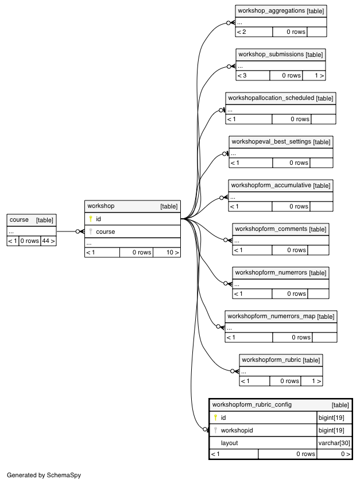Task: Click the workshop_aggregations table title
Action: (272, 11)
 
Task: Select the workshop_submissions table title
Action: (271, 54)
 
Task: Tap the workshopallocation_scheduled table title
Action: (271, 98)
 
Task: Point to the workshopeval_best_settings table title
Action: (272, 142)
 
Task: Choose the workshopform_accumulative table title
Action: (271, 185)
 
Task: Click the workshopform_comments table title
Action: (271, 229)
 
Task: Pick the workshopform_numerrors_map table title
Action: (272, 316)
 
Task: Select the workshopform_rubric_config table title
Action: (252, 404)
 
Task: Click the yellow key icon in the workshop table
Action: (91, 219)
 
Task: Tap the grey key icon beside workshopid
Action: (215, 430)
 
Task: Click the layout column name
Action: (230, 443)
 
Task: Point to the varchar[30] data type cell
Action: (334, 443)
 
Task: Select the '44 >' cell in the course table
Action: (48, 241)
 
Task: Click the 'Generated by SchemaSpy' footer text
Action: (44, 475)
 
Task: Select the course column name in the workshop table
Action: (105, 231)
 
